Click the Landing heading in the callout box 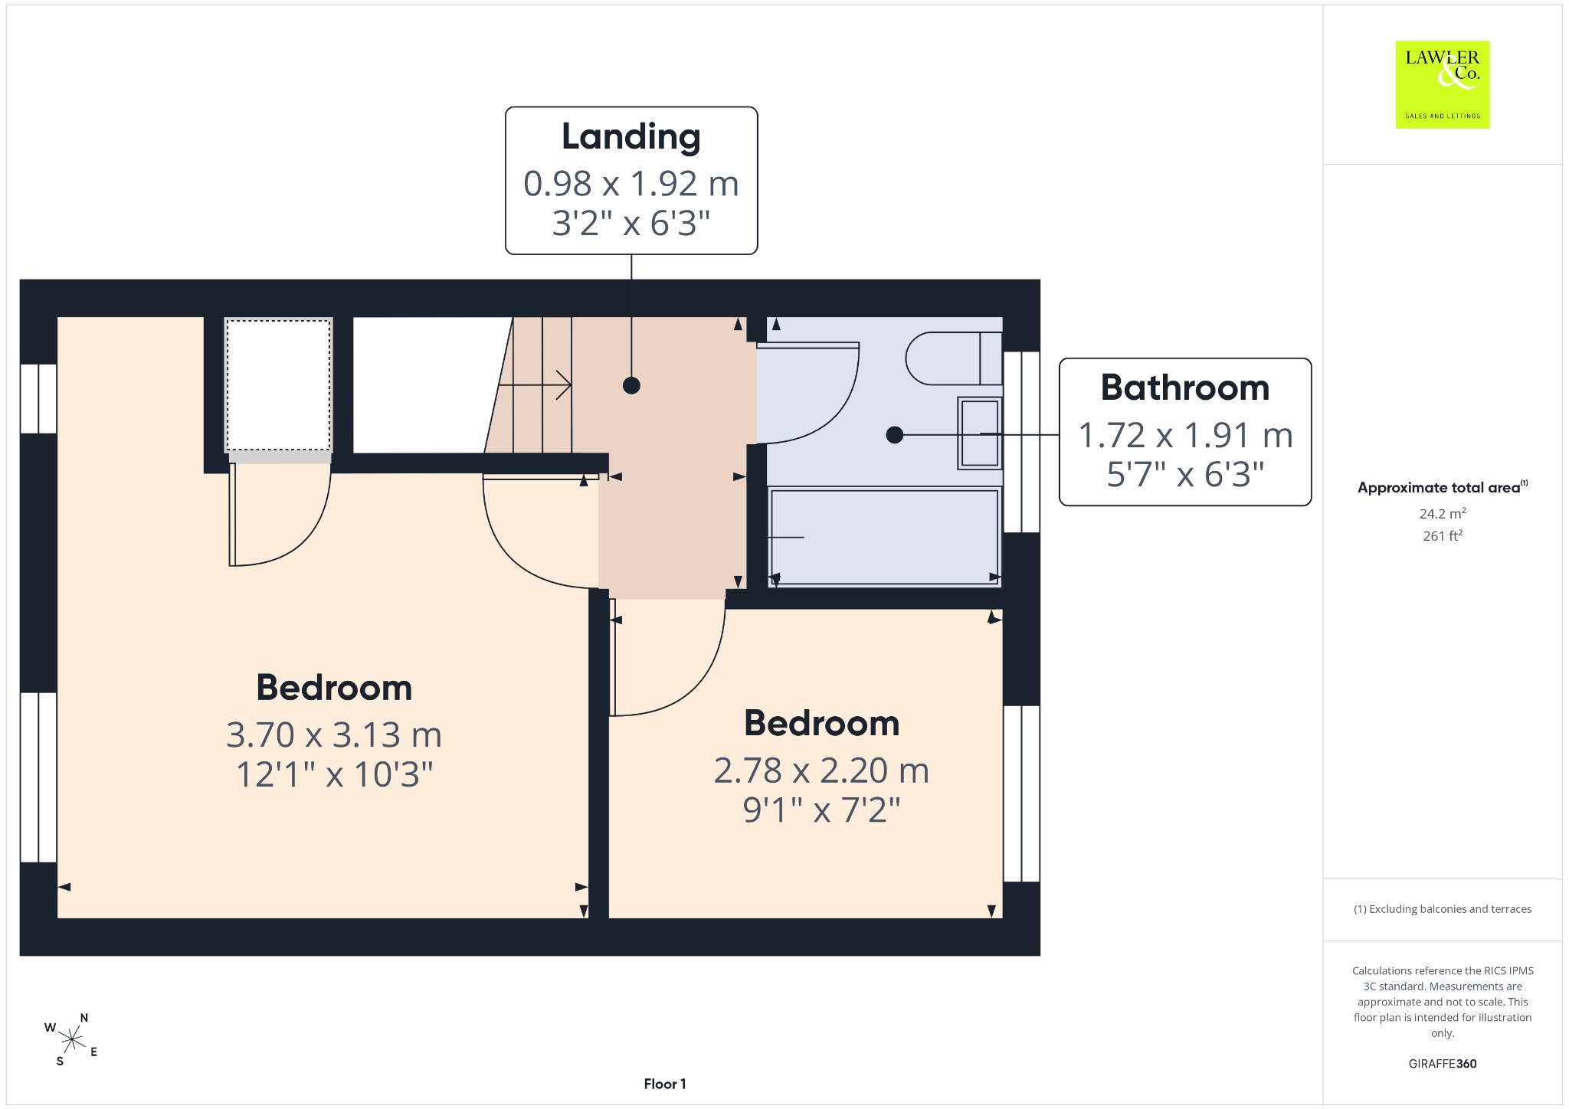point(631,137)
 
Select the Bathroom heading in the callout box point(1185,388)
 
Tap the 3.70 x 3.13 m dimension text point(334,734)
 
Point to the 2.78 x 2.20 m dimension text point(821,770)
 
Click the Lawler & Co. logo point(1443,84)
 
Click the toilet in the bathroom point(954,358)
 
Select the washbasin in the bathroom point(980,433)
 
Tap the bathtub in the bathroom point(885,537)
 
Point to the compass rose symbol point(71,1039)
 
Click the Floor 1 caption point(665,1084)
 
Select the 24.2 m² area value point(1443,513)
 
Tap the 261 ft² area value point(1443,535)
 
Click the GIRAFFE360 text point(1443,1063)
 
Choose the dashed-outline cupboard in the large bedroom point(279,385)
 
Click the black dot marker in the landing point(631,385)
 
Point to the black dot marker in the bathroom point(894,435)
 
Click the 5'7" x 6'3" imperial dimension point(1185,475)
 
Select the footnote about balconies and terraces point(1443,909)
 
